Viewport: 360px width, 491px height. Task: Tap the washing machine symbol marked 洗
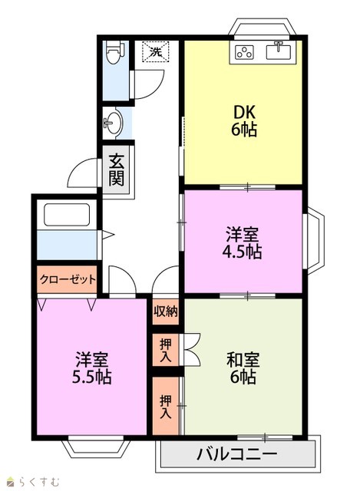tap(155, 51)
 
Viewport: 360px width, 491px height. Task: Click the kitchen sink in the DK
tap(278, 51)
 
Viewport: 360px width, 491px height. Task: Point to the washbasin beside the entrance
tap(114, 122)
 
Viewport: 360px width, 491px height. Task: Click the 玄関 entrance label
tap(116, 170)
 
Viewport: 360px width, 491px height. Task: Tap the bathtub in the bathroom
tap(67, 215)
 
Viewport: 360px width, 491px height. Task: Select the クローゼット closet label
tap(68, 278)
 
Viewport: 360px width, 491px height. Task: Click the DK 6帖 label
tap(244, 120)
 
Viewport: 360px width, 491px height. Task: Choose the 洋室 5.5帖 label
tap(91, 367)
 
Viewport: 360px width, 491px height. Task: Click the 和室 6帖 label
tap(243, 367)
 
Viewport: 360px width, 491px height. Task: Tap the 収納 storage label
tap(166, 311)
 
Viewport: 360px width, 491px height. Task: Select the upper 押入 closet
tap(166, 350)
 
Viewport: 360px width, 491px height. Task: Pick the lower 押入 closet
tap(166, 406)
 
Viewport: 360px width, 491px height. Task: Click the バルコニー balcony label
tap(237, 453)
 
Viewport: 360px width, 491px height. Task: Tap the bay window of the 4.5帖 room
tap(313, 240)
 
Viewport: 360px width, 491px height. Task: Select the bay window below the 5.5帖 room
tap(96, 447)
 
